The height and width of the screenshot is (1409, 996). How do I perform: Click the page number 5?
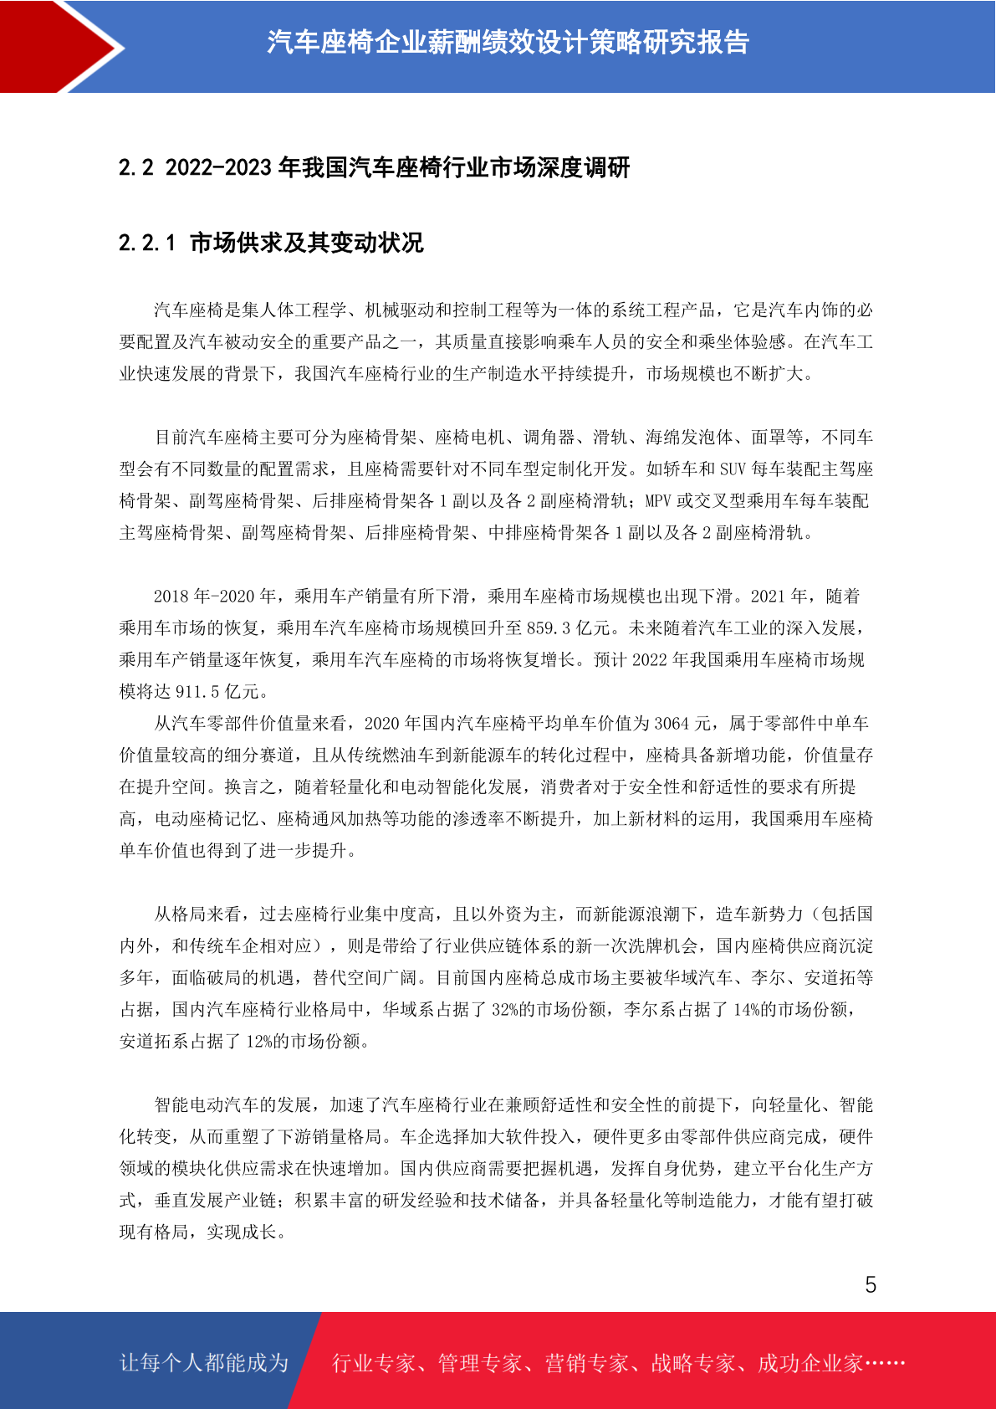tap(871, 1285)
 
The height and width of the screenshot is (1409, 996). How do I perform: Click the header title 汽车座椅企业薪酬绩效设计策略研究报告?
tap(508, 42)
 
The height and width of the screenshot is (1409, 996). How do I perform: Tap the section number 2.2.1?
tap(147, 243)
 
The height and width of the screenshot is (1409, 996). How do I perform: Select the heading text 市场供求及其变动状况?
tap(307, 243)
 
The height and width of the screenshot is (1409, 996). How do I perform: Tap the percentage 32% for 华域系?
tap(505, 1010)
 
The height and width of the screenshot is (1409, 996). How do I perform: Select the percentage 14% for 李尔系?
tap(747, 1010)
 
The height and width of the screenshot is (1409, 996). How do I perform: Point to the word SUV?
tap(732, 469)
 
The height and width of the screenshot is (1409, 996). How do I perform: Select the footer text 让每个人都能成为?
tap(204, 1363)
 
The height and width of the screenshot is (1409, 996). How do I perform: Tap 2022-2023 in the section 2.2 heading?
tap(218, 168)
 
